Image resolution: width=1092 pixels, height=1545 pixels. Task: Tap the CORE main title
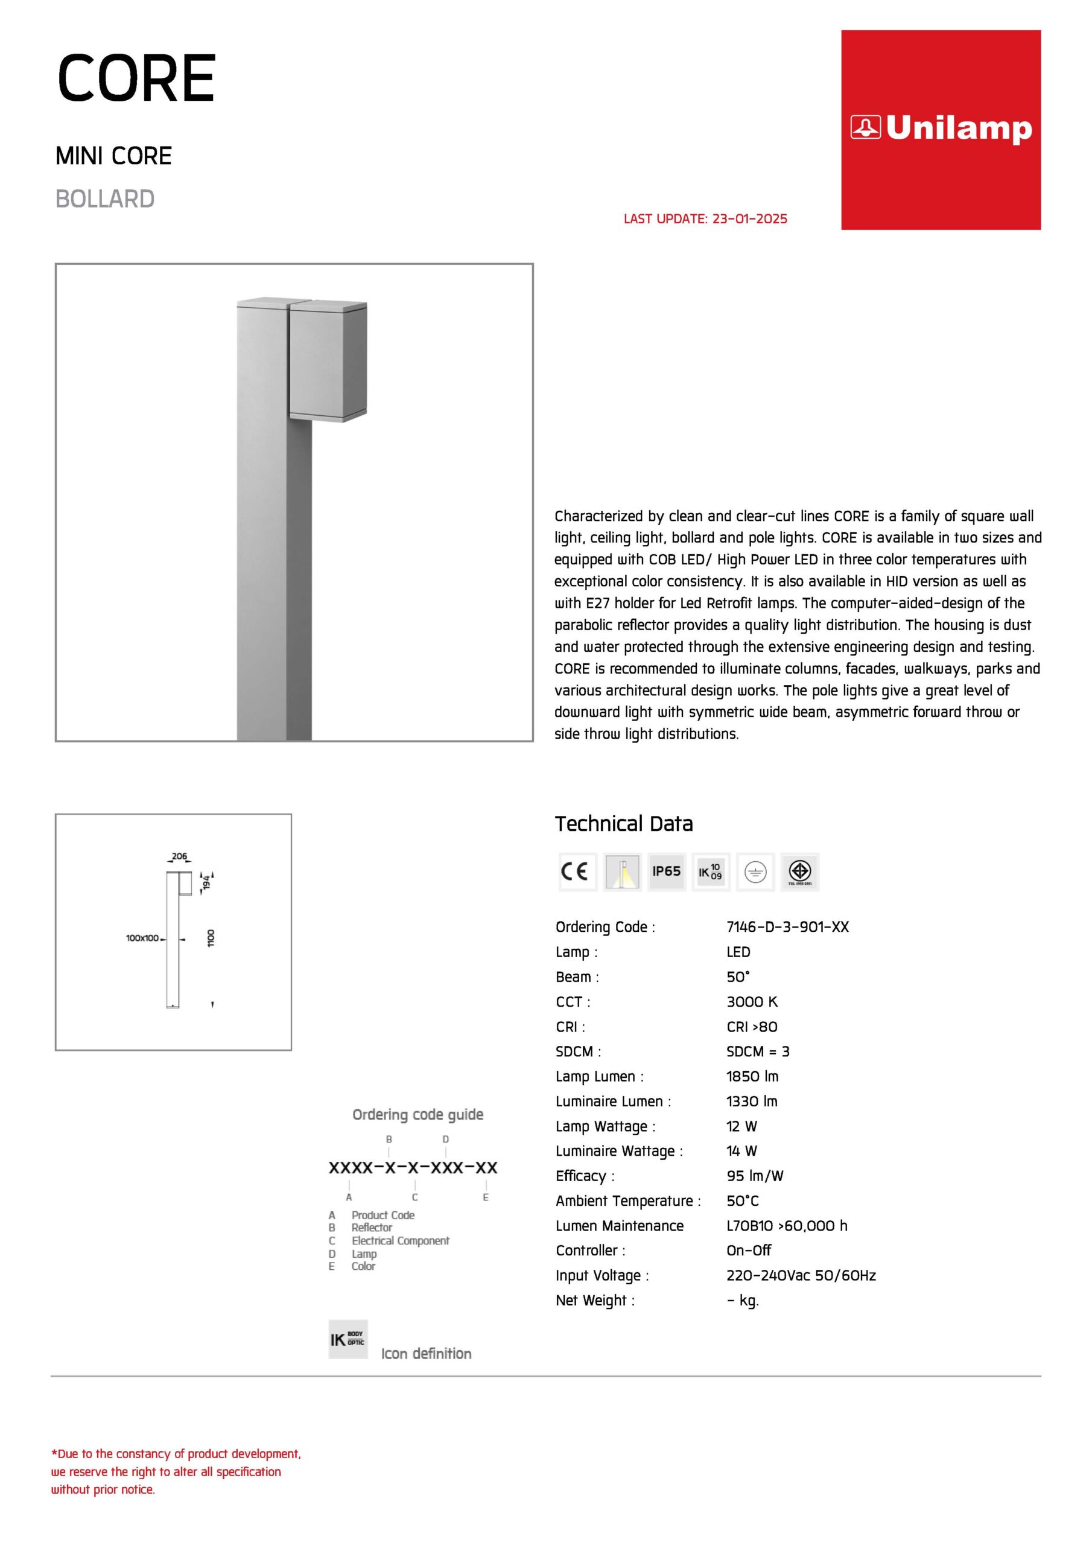(136, 80)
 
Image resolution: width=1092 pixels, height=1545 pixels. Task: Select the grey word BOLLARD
(105, 199)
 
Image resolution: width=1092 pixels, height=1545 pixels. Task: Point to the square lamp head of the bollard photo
(328, 361)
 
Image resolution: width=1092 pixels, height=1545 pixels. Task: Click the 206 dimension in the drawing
(179, 856)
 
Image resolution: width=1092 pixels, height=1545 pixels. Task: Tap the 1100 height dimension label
(211, 938)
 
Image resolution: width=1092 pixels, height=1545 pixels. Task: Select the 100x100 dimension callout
(142, 938)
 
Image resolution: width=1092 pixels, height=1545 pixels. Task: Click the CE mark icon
(577, 871)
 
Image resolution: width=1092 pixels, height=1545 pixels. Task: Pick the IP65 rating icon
(666, 871)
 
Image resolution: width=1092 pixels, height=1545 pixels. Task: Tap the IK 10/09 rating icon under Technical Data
(711, 871)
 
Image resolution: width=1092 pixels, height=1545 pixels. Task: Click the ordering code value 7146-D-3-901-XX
(787, 926)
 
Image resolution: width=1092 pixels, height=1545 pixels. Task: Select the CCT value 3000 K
(752, 1001)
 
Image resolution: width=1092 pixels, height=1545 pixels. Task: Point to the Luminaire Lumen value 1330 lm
(752, 1101)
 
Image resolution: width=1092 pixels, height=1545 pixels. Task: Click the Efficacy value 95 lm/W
(754, 1176)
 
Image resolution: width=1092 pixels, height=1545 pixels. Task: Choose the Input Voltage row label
(602, 1275)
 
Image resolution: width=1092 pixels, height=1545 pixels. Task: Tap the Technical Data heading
(624, 824)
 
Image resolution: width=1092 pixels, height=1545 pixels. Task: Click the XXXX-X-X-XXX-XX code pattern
(413, 1167)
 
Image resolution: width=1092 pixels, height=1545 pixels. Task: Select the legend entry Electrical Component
(401, 1240)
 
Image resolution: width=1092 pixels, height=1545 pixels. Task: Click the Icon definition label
(426, 1353)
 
